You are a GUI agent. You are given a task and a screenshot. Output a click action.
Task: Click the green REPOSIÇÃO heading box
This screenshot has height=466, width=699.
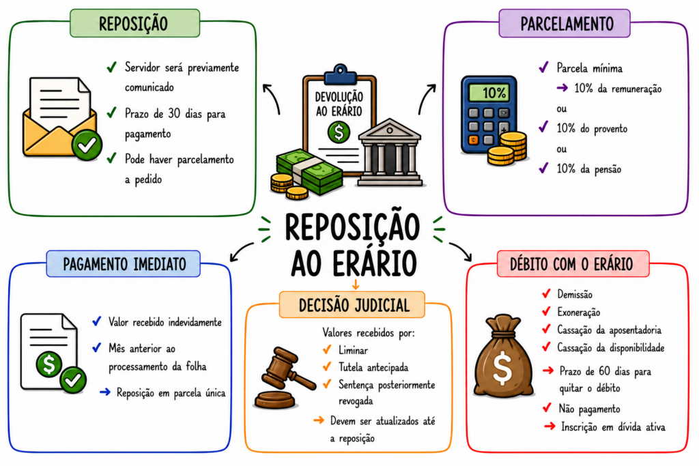tap(134, 23)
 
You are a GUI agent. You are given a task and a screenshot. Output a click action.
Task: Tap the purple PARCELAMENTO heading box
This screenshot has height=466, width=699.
tap(565, 23)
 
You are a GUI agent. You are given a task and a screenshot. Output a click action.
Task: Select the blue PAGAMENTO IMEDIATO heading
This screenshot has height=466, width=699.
tap(124, 264)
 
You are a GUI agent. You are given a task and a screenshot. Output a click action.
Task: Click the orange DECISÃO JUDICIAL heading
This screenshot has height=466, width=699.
tap(352, 305)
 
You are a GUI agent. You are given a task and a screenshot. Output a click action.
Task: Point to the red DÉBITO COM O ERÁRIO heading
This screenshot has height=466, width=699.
tap(573, 264)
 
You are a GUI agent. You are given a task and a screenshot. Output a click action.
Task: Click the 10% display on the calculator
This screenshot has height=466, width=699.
tap(489, 93)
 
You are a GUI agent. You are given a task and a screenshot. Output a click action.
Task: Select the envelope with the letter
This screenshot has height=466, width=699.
tap(60, 117)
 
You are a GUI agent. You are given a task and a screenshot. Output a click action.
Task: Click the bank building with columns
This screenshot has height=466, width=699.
tap(390, 152)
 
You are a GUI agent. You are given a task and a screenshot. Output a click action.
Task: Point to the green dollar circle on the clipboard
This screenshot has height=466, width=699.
tap(339, 132)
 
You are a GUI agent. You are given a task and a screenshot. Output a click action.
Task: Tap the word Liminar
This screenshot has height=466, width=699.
tap(353, 350)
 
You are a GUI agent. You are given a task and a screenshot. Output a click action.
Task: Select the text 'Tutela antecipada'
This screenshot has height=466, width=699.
tap(373, 367)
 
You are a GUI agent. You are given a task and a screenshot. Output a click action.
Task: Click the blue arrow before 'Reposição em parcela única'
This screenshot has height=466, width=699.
tap(105, 392)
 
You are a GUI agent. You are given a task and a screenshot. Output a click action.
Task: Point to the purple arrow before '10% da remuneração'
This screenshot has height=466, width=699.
tap(562, 88)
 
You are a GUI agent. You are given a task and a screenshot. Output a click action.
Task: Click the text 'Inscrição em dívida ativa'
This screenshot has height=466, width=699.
tap(613, 427)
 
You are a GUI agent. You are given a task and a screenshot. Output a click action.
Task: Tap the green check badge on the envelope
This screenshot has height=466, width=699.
tap(87, 145)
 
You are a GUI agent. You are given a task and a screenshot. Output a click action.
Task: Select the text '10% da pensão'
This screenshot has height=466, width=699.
tap(589, 169)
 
